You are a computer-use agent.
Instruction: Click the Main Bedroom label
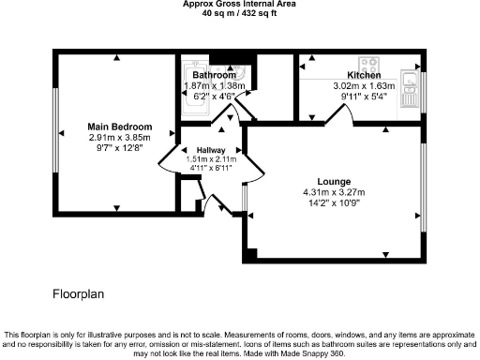113,127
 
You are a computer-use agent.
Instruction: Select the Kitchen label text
364,74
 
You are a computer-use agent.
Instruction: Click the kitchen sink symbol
410,79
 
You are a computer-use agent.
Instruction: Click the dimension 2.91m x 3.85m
113,137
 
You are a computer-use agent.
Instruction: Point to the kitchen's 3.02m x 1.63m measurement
364,84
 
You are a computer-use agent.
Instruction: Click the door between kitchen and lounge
338,112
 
